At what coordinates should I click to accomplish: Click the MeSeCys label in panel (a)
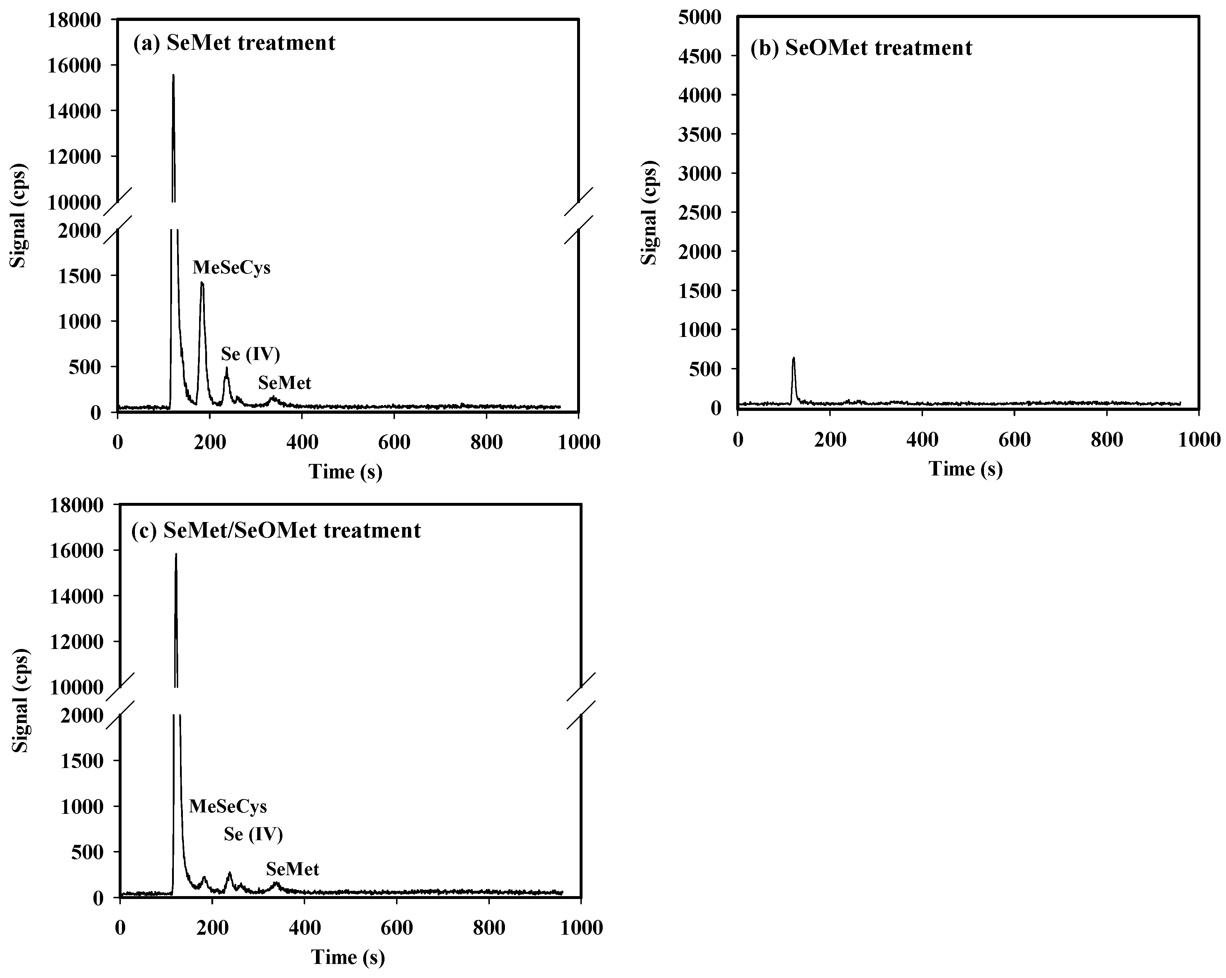click(232, 267)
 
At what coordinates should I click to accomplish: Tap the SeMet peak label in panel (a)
click(284, 383)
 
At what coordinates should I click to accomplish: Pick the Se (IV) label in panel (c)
click(253, 834)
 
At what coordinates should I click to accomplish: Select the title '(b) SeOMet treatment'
click(861, 48)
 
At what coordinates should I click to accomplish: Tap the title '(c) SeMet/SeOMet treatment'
click(276, 531)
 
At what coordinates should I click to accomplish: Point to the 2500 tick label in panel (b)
click(699, 212)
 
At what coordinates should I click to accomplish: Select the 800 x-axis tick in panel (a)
click(486, 442)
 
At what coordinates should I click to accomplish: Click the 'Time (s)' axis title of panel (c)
click(348, 957)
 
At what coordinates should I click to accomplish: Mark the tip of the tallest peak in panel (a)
click(173, 75)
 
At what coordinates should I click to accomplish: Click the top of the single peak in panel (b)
click(793, 358)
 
